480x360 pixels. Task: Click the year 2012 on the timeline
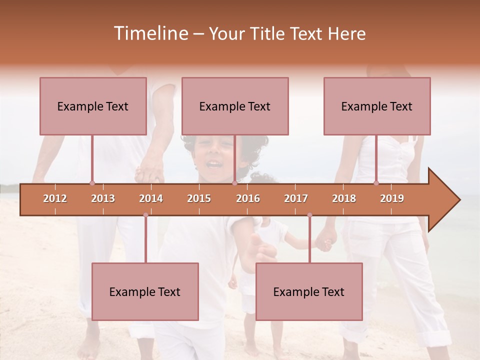pyautogui.click(x=55, y=198)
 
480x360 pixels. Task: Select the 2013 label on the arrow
pyautogui.click(x=103, y=198)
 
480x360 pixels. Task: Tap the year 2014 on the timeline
pyautogui.click(x=151, y=198)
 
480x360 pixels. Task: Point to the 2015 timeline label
pyautogui.click(x=199, y=198)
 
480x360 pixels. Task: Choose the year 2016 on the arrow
pyautogui.click(x=248, y=198)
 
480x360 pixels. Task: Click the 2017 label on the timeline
pyautogui.click(x=296, y=198)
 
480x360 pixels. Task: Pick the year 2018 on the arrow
pyautogui.click(x=344, y=198)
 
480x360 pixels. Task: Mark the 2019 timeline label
pyautogui.click(x=392, y=198)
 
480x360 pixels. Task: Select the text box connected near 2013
pyautogui.click(x=93, y=106)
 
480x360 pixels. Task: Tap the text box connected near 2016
pyautogui.click(x=235, y=106)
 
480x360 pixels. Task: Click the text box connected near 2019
pyautogui.click(x=377, y=106)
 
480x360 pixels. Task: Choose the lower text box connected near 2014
pyautogui.click(x=145, y=291)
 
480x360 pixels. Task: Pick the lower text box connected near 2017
pyautogui.click(x=309, y=291)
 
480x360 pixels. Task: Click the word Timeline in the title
pyautogui.click(x=150, y=33)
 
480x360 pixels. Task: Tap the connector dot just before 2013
pyautogui.click(x=92, y=183)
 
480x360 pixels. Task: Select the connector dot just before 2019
pyautogui.click(x=376, y=183)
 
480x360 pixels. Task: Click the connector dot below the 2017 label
pyautogui.click(x=309, y=215)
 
